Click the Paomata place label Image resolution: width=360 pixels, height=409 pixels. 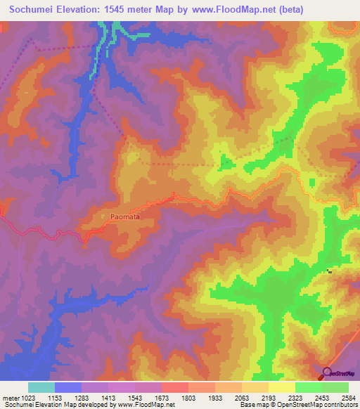pyautogui.click(x=124, y=217)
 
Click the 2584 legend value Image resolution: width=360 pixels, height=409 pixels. pyautogui.click(x=349, y=398)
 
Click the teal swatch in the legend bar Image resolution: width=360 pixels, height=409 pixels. pyautogui.click(x=41, y=387)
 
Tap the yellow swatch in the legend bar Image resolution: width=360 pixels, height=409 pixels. pyautogui.click(x=282, y=387)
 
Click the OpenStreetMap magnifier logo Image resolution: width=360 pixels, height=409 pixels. pyautogui.click(x=327, y=373)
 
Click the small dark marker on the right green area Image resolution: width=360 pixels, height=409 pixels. pyautogui.click(x=328, y=271)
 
